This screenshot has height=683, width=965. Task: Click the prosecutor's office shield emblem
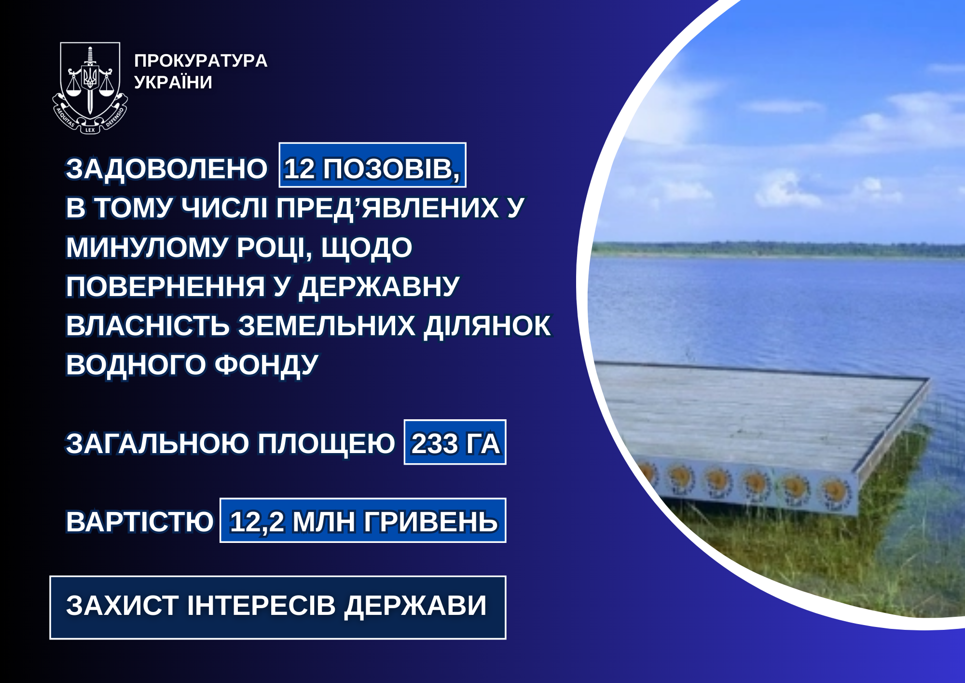(x=90, y=87)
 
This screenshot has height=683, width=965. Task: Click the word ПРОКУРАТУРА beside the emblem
(x=201, y=61)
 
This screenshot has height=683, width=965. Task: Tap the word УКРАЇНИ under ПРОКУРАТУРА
(x=173, y=83)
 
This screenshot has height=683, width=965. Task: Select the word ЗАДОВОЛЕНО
(x=166, y=169)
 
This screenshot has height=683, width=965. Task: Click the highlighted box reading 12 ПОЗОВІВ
(x=372, y=165)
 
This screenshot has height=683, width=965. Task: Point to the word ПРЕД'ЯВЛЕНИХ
(x=387, y=208)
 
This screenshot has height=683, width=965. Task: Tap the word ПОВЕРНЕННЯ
(x=165, y=287)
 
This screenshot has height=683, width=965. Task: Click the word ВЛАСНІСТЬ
(x=148, y=326)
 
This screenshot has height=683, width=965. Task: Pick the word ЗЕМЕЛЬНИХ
(x=327, y=326)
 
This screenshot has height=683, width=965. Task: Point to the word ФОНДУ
(x=266, y=366)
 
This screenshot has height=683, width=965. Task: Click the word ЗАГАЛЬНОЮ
(x=157, y=444)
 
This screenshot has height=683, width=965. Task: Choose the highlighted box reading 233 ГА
(x=455, y=442)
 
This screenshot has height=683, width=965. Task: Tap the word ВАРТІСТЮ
(x=139, y=522)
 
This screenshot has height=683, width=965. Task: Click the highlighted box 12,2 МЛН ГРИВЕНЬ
(x=363, y=520)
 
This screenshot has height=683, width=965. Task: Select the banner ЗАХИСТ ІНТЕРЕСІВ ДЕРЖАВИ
(x=278, y=608)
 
